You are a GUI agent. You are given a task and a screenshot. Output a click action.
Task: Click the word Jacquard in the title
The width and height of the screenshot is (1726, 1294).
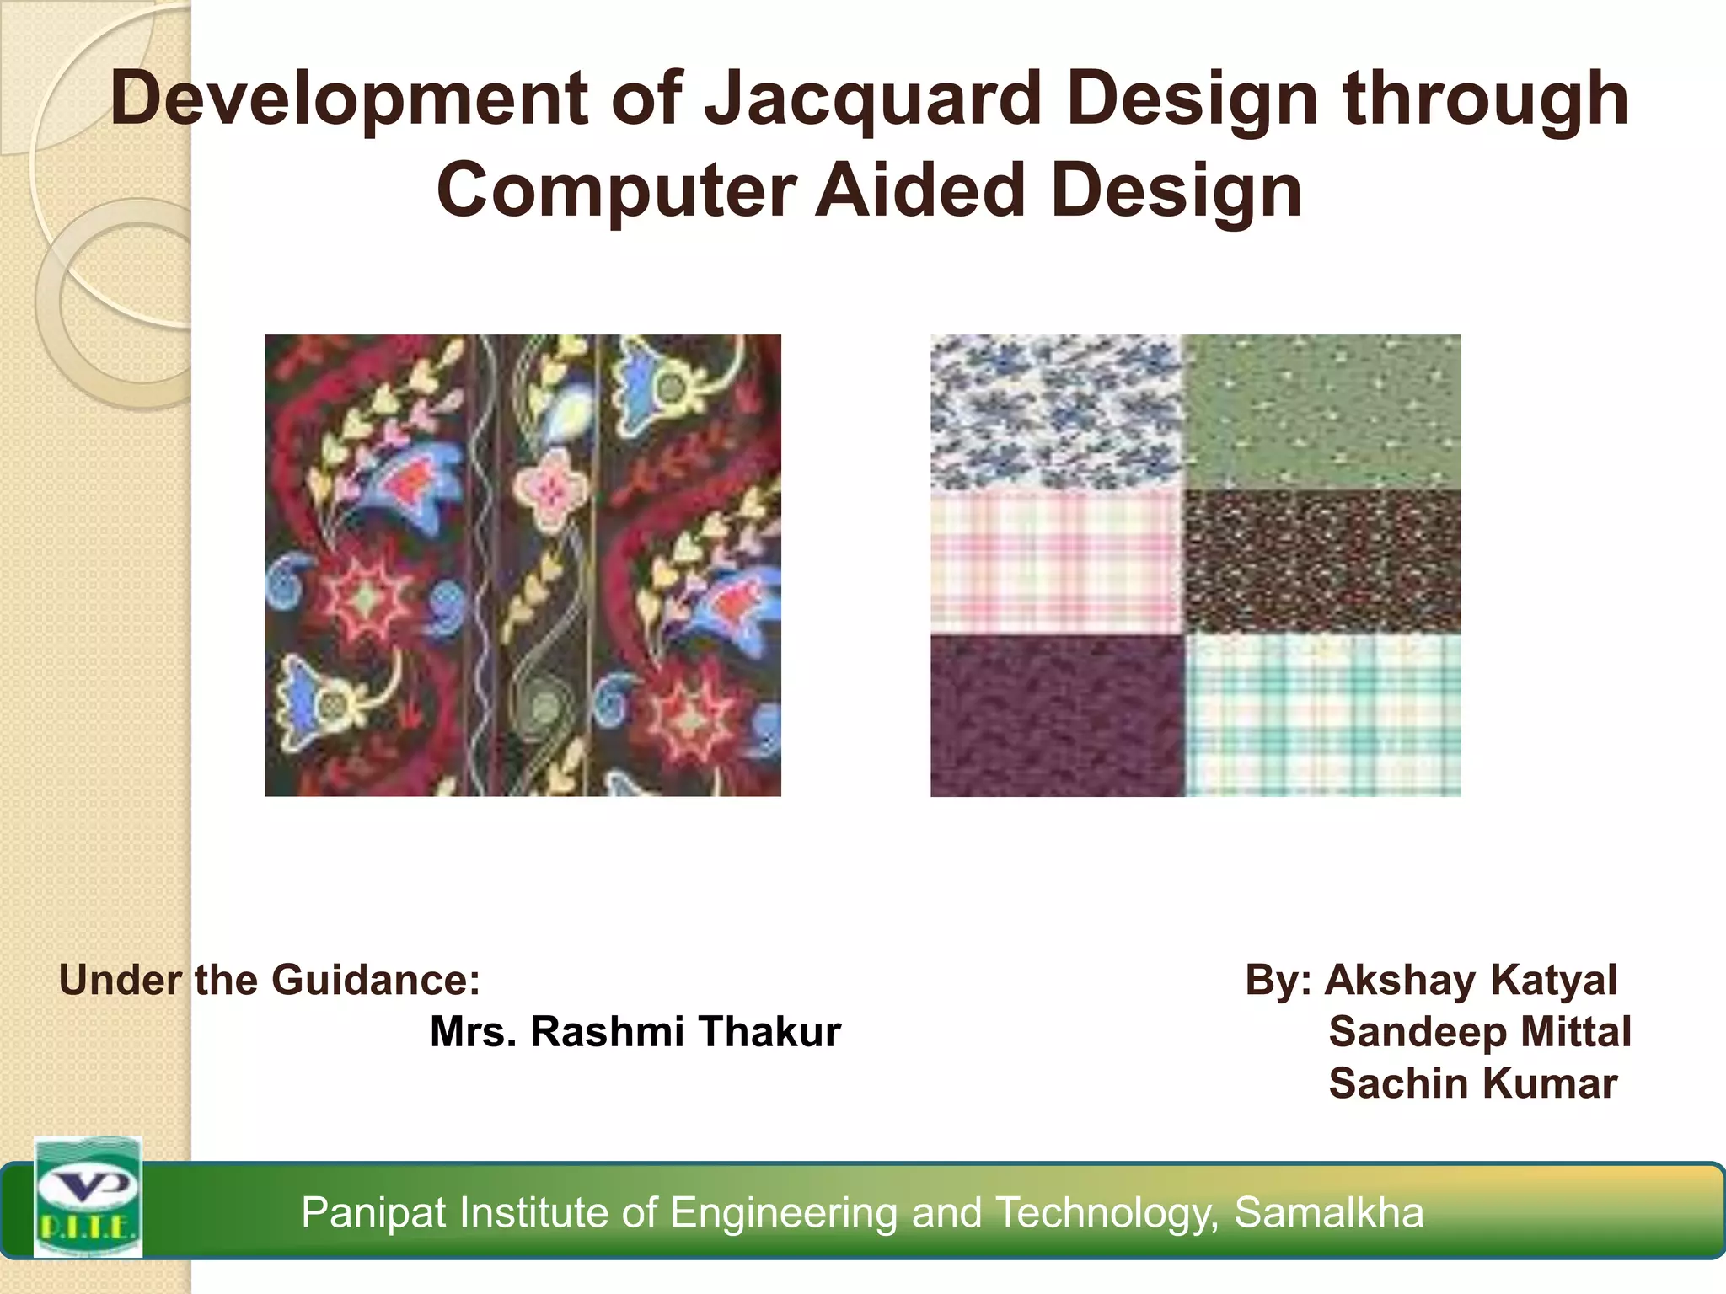point(872,99)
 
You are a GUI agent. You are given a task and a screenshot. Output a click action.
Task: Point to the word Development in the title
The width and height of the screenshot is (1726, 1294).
point(348,99)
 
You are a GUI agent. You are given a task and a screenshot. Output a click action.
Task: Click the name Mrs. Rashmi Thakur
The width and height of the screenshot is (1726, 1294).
point(635,1032)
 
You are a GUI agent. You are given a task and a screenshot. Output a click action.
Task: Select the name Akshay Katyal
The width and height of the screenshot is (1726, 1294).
point(1471,980)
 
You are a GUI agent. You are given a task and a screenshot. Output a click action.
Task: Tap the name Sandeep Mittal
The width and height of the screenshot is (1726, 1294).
point(1480,1032)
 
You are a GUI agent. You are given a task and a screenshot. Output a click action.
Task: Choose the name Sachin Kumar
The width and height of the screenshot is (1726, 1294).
point(1473,1083)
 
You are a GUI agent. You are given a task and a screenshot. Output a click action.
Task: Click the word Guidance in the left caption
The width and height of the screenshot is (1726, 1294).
point(375,980)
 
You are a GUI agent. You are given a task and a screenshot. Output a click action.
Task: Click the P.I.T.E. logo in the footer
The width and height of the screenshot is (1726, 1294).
point(88,1197)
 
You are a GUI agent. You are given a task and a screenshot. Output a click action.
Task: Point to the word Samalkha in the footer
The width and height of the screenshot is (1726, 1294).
point(1329,1212)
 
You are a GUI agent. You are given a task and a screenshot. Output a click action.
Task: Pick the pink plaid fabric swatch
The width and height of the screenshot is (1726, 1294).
point(1057,563)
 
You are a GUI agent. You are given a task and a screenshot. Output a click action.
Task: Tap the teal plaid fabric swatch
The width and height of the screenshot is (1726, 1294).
point(1323,714)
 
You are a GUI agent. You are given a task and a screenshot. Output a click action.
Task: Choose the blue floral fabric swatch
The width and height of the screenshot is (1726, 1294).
point(1057,412)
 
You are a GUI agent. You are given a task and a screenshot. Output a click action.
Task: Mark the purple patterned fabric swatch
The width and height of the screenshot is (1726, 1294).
point(1057,714)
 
